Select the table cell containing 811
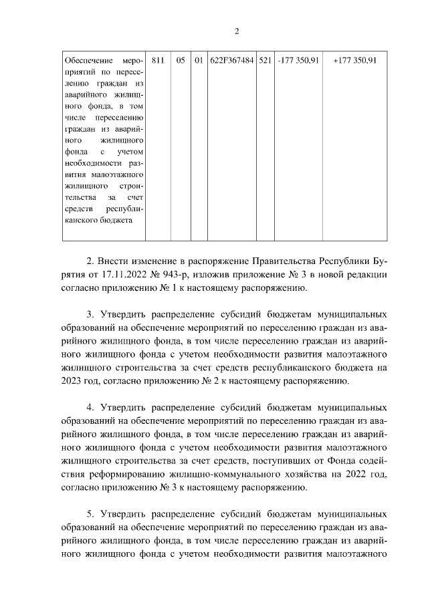tap(158, 61)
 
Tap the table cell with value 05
tap(181, 61)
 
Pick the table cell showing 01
tap(199, 61)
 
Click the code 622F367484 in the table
tap(231, 61)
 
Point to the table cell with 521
tap(264, 61)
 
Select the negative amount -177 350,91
tap(298, 61)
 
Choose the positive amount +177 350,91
tap(354, 61)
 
